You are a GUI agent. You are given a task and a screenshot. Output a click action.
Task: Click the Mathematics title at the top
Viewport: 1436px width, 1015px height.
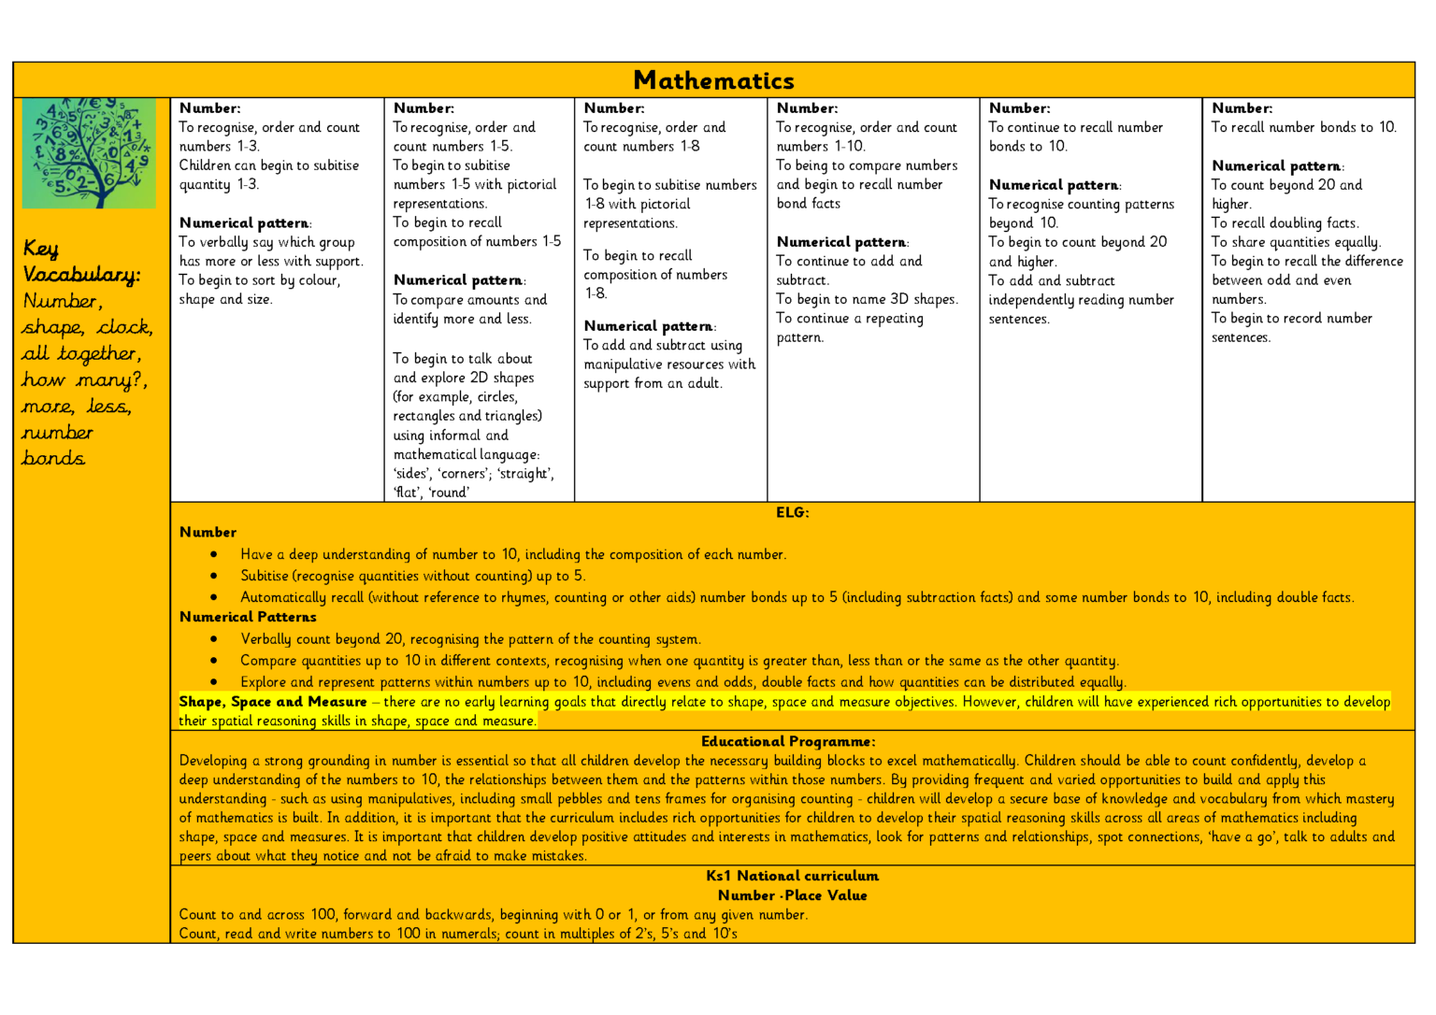point(713,80)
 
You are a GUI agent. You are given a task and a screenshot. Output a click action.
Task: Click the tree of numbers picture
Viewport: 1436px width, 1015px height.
point(89,152)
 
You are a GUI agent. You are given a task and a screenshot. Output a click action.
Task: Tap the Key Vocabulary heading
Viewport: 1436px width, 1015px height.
point(80,262)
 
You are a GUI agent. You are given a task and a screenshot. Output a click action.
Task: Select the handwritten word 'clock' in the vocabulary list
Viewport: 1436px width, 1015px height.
point(124,327)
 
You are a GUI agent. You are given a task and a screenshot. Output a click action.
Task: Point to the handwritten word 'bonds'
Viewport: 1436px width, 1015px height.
point(53,458)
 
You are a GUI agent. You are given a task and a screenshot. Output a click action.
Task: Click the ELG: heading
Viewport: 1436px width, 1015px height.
point(792,512)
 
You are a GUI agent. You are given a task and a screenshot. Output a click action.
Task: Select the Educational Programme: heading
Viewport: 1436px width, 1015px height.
point(788,741)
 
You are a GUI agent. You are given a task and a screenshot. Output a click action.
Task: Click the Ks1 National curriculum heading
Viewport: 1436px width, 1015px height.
point(792,876)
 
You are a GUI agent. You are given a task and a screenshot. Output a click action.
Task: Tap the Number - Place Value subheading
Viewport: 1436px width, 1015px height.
point(792,895)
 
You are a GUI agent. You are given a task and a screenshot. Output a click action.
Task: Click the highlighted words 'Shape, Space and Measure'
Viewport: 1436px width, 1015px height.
point(273,702)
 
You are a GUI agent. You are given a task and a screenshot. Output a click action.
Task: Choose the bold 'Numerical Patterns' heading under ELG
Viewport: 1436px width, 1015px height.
point(248,617)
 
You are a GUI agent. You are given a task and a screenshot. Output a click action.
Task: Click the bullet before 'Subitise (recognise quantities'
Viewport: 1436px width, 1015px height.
point(214,576)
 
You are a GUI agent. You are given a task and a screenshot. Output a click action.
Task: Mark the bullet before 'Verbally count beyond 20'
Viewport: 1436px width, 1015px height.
point(214,639)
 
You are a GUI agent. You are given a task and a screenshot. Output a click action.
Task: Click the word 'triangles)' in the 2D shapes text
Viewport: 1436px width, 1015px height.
point(510,416)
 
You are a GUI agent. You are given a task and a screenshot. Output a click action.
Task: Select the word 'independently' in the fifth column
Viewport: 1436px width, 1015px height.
point(1031,300)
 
